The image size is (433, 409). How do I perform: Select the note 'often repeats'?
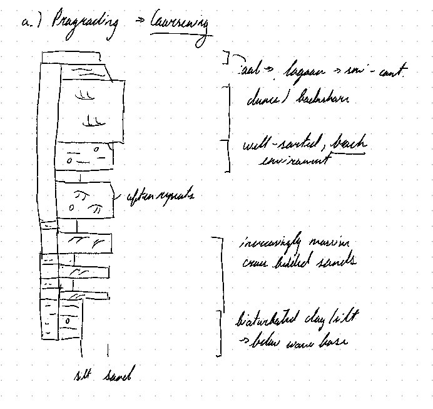(x=161, y=195)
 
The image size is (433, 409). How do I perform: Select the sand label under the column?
(x=118, y=376)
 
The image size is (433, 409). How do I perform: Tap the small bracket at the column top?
(x=228, y=58)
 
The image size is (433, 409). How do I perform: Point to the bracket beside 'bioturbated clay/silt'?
(x=220, y=332)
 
